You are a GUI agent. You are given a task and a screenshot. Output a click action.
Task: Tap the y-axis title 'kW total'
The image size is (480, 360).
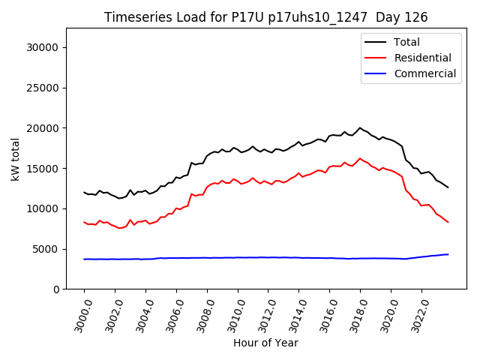click(x=16, y=159)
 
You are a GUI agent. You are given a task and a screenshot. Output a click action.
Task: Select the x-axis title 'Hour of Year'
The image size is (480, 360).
click(x=265, y=343)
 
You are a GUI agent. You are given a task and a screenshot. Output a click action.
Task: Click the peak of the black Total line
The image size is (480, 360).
click(x=360, y=127)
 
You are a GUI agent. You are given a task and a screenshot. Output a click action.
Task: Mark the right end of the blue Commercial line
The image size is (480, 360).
click(x=448, y=254)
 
